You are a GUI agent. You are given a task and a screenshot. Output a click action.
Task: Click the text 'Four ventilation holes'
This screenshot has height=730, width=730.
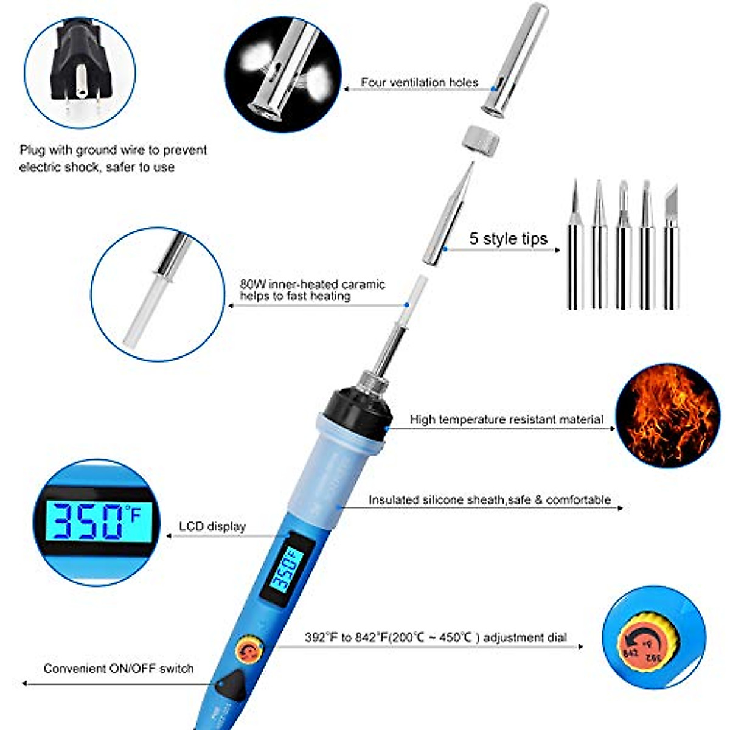click(419, 82)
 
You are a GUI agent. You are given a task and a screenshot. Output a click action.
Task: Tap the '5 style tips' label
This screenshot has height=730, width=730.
click(508, 238)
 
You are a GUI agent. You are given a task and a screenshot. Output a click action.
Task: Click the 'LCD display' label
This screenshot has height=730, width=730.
click(212, 526)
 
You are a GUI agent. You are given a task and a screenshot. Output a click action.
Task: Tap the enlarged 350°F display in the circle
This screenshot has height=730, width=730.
click(96, 521)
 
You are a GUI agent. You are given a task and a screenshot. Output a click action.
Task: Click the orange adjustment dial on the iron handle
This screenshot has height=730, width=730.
click(249, 650)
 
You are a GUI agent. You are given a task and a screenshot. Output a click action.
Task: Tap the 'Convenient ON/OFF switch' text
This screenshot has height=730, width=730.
click(118, 669)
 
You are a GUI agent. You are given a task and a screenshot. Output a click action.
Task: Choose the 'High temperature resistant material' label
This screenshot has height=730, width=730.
click(506, 419)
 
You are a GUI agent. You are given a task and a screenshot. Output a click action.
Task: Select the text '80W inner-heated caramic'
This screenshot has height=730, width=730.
click(312, 284)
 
